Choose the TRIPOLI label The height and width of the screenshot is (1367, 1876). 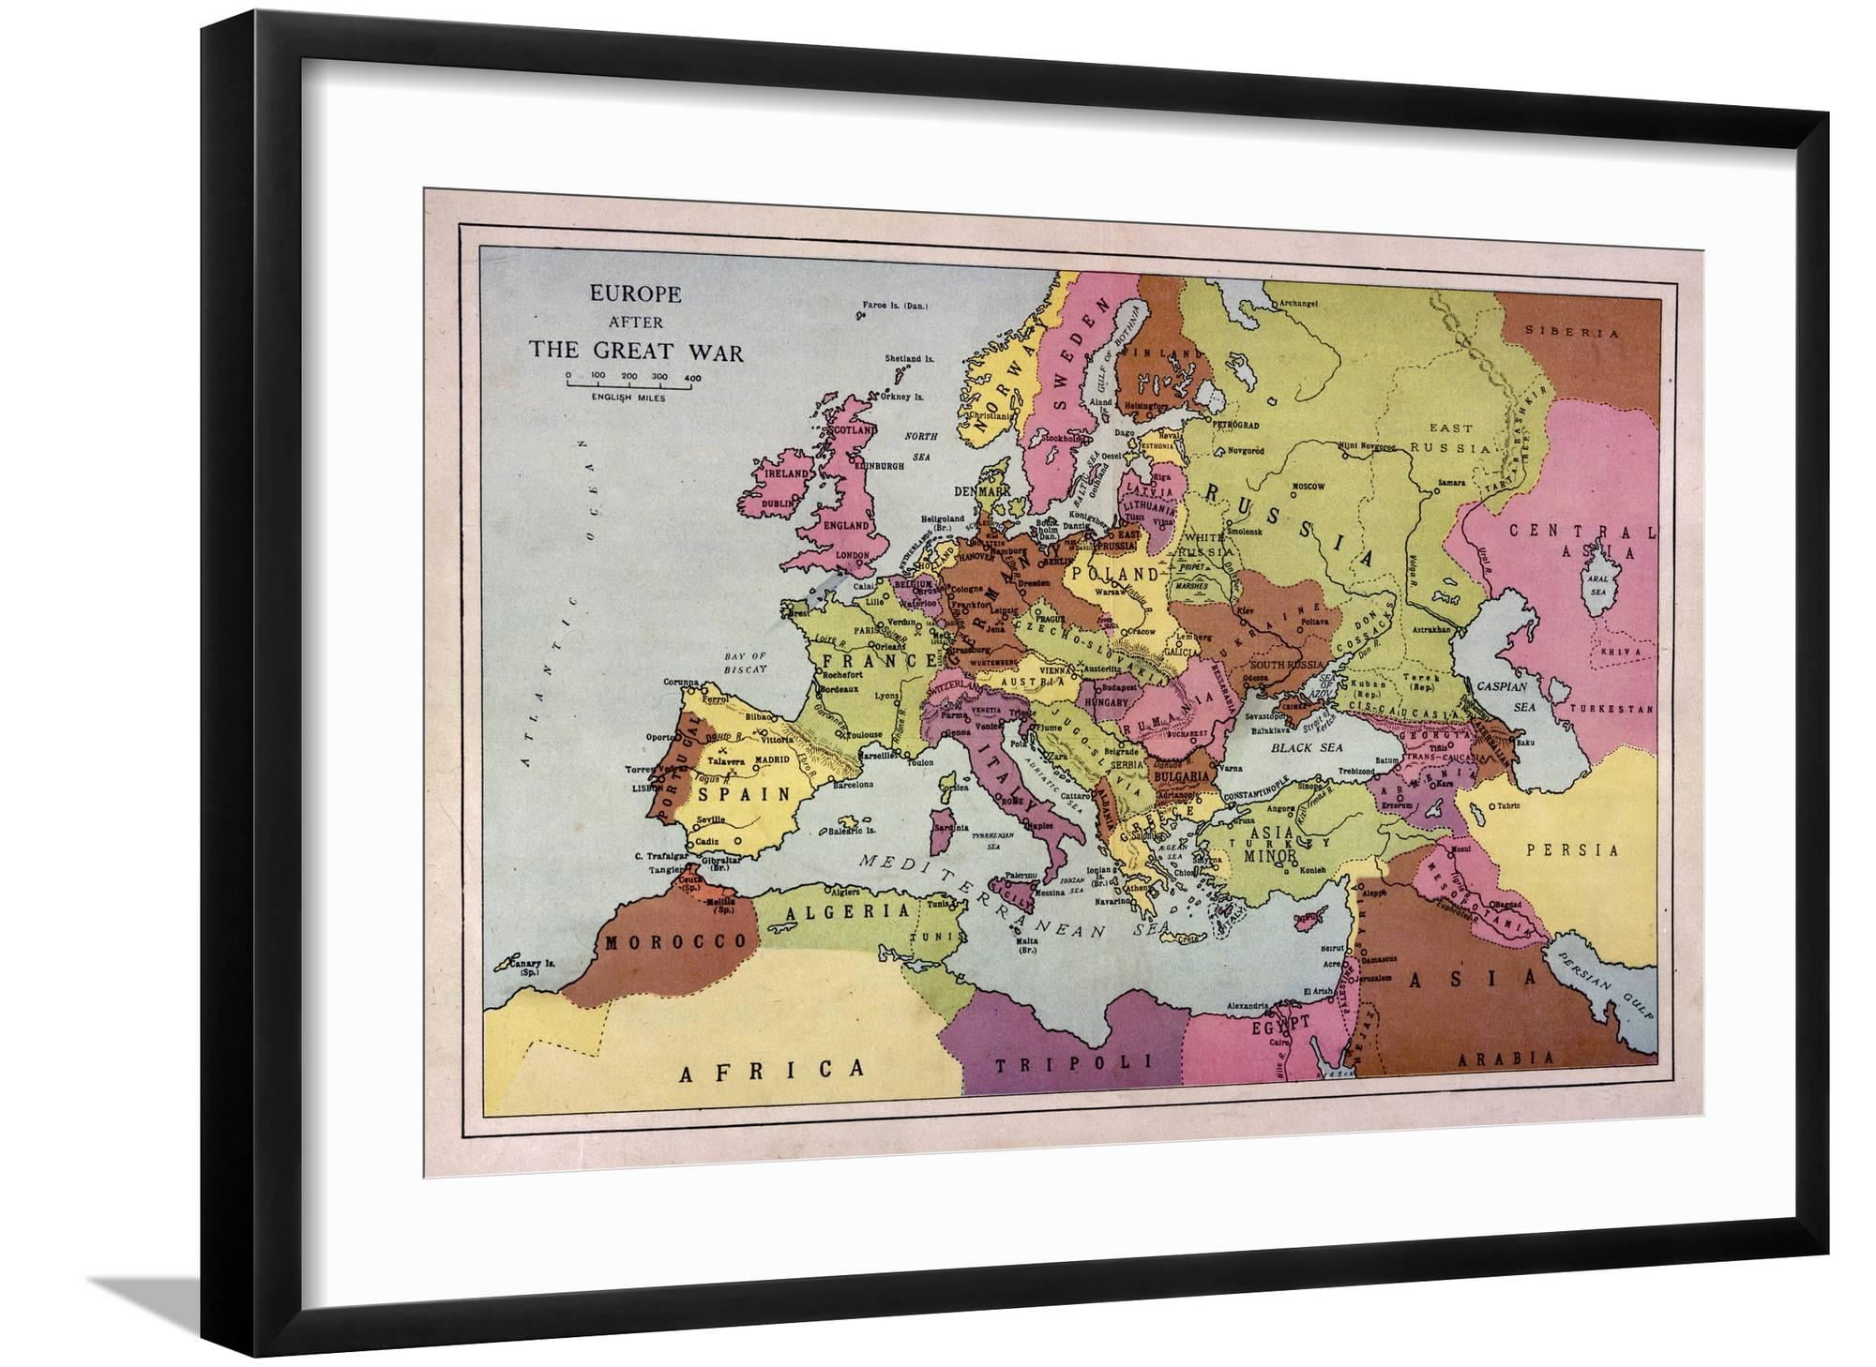(1072, 1062)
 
